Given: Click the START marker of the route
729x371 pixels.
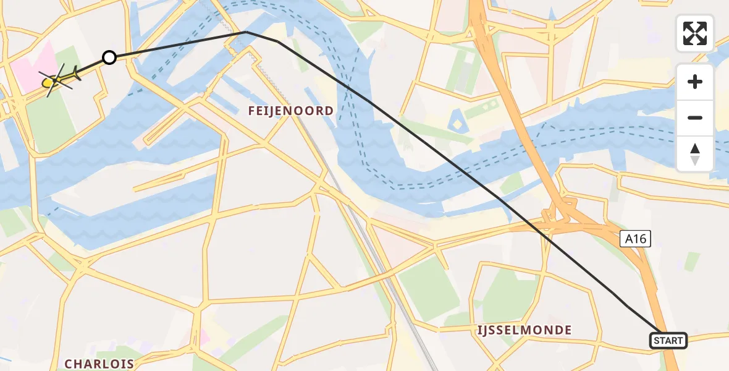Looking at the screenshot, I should (668, 341).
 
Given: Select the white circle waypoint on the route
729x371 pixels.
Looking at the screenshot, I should (109, 58).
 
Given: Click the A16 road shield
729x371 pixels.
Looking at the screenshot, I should (635, 239).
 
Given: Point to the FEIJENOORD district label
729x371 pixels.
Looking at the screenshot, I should (290, 111).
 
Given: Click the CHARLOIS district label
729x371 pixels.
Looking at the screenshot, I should (99, 363).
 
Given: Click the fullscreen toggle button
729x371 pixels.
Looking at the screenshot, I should (695, 33).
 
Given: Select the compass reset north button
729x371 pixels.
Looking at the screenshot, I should (695, 154).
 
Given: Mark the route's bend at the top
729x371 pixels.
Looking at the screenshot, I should (247, 32).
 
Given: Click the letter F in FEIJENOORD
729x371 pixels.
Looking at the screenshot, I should (252, 111).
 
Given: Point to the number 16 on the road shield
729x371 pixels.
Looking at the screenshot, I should (640, 239).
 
